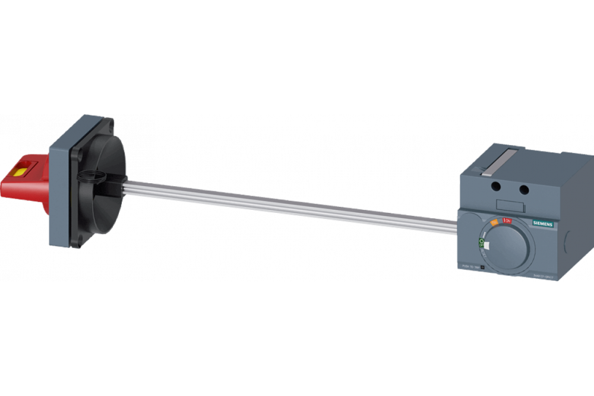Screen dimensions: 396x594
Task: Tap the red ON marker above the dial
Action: [507, 221]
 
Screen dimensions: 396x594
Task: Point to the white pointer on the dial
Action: [486, 245]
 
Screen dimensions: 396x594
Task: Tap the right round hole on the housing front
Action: [524, 190]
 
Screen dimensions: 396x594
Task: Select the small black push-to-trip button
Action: [482, 268]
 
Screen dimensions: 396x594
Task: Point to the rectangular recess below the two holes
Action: [508, 206]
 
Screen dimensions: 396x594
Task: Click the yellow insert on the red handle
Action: [20, 172]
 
